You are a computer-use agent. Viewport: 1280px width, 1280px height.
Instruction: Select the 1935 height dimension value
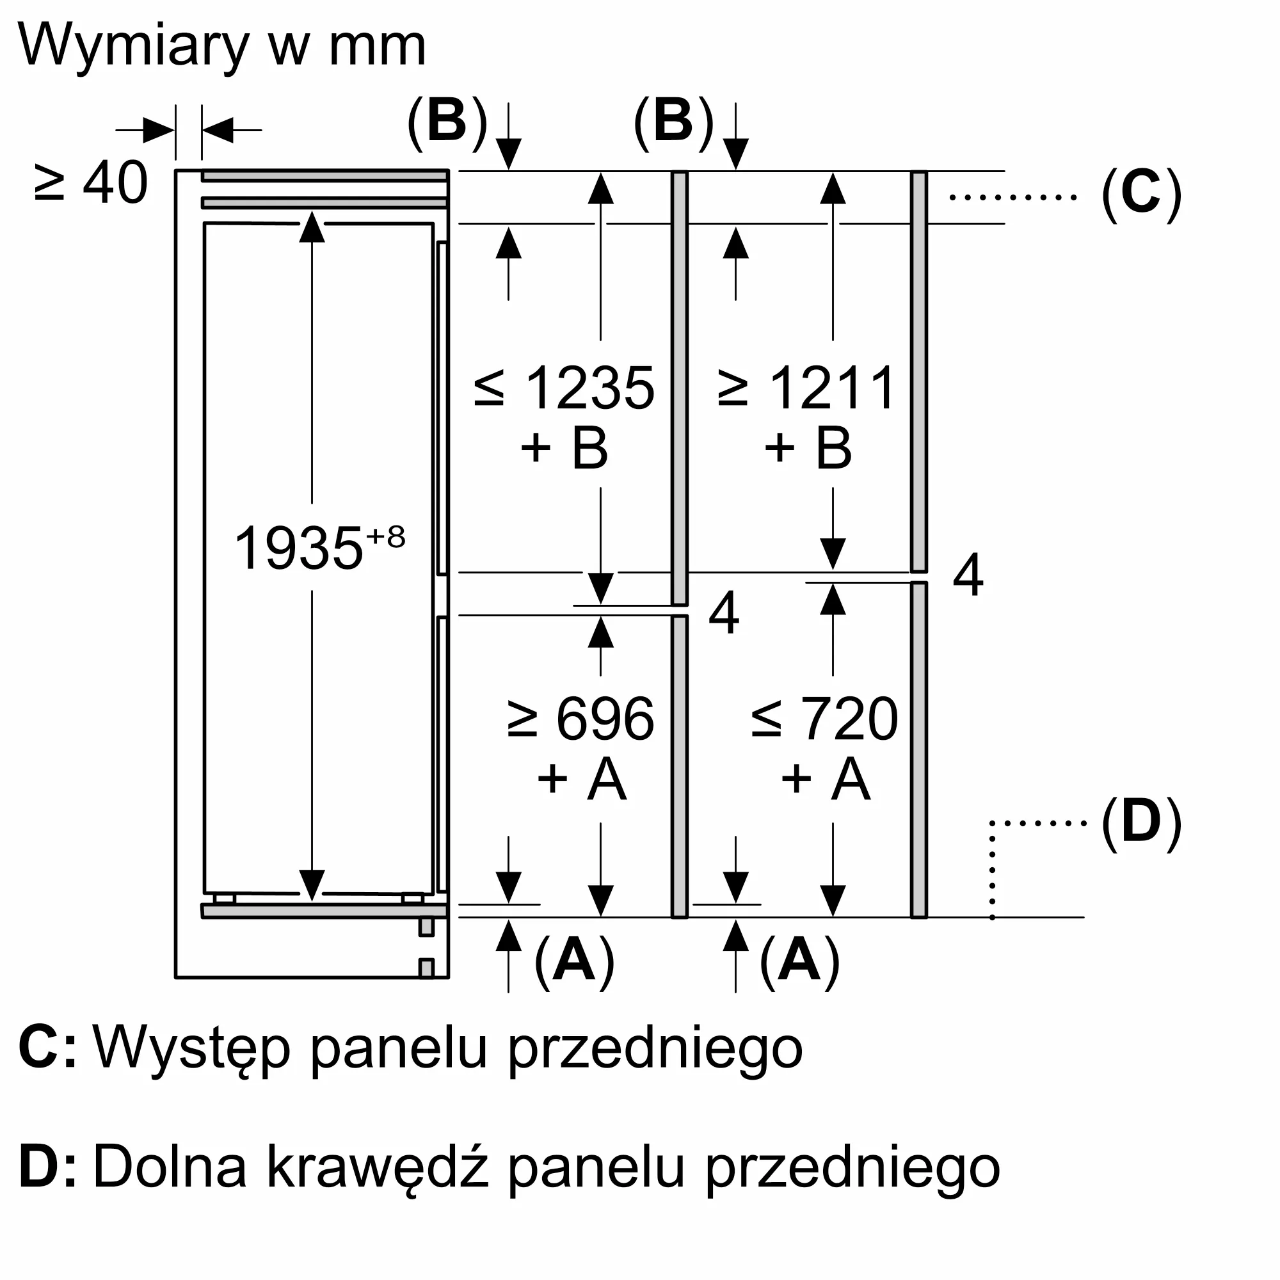[298, 548]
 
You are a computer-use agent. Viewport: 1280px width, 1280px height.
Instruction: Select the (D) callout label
[1141, 822]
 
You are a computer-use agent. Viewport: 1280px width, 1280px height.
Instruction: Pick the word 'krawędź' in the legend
[378, 1169]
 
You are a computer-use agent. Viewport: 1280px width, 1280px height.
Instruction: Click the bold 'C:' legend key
[46, 1048]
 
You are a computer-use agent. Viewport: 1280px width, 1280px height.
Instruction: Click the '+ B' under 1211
[808, 449]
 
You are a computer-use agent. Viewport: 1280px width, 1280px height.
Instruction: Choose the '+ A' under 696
[581, 779]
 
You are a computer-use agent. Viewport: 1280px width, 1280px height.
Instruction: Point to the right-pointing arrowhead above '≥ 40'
[158, 130]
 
